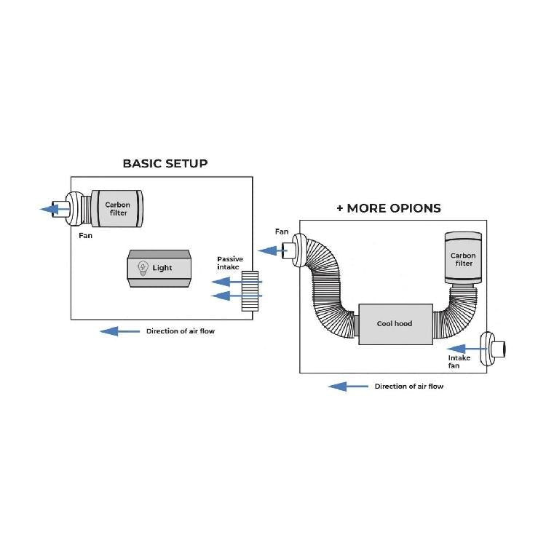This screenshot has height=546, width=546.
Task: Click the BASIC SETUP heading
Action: (x=165, y=163)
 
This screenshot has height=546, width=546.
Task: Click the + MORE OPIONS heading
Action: (x=388, y=208)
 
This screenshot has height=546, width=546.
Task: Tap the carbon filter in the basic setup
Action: (x=117, y=209)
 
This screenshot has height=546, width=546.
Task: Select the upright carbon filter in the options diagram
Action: (x=462, y=258)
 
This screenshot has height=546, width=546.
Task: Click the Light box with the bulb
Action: (x=159, y=267)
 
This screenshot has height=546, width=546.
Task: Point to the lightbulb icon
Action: (x=143, y=267)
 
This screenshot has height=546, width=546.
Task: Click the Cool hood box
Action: (x=394, y=323)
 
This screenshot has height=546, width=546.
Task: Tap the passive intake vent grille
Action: (x=250, y=291)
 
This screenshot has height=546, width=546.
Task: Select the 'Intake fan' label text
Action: (x=459, y=361)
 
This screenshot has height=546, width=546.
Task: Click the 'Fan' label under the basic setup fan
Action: (x=85, y=236)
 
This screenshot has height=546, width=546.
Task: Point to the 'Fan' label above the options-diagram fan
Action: (x=282, y=232)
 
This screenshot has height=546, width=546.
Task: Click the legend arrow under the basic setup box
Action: (x=119, y=331)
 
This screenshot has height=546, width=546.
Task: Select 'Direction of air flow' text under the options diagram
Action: (x=408, y=387)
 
